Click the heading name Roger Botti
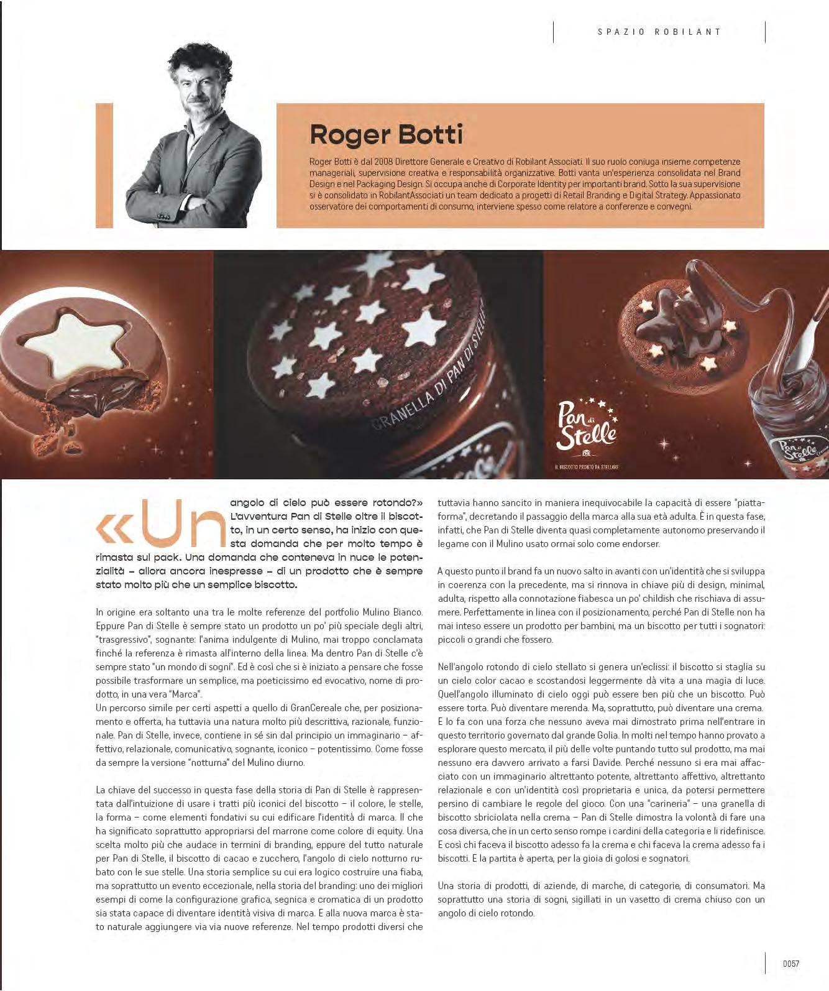coord(386,134)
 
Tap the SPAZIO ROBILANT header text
coord(659,32)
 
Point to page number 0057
coord(790,964)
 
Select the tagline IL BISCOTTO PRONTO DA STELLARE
coord(587,467)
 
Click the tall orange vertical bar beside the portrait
coord(104,165)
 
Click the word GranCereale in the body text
coord(314,708)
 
